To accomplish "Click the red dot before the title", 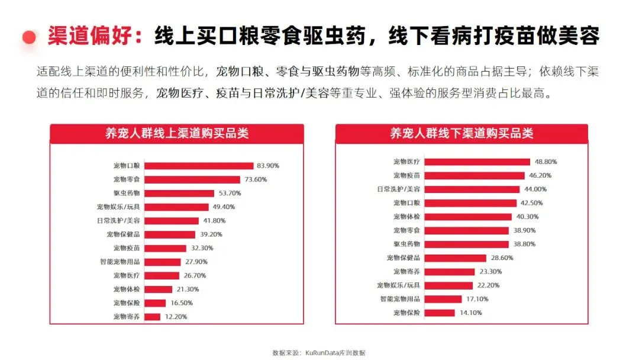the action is [x=29, y=37].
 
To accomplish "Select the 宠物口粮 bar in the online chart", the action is [x=199, y=166].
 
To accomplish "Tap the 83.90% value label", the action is [x=268, y=166].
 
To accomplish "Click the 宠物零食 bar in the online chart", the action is [x=192, y=179].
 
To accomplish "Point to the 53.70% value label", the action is [x=230, y=193].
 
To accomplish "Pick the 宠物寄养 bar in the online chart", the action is [x=153, y=317].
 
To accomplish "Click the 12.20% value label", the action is [x=176, y=317].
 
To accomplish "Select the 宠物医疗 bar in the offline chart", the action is [x=477, y=162].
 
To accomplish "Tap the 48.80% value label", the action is [x=546, y=162].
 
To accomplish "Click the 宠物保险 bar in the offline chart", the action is [x=440, y=313].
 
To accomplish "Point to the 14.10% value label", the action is [x=471, y=313].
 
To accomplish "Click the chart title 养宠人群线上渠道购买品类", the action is [x=177, y=133].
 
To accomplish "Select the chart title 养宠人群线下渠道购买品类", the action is [x=461, y=133].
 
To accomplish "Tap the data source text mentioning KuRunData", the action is [x=319, y=353].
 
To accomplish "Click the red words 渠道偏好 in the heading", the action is [x=90, y=36].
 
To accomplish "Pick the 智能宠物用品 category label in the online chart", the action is [x=120, y=262].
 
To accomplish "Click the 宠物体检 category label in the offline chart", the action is [x=406, y=217].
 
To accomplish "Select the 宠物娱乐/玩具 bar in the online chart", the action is [x=176, y=207].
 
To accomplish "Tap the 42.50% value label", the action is [x=531, y=203].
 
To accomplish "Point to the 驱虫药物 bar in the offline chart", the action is [x=467, y=244].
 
